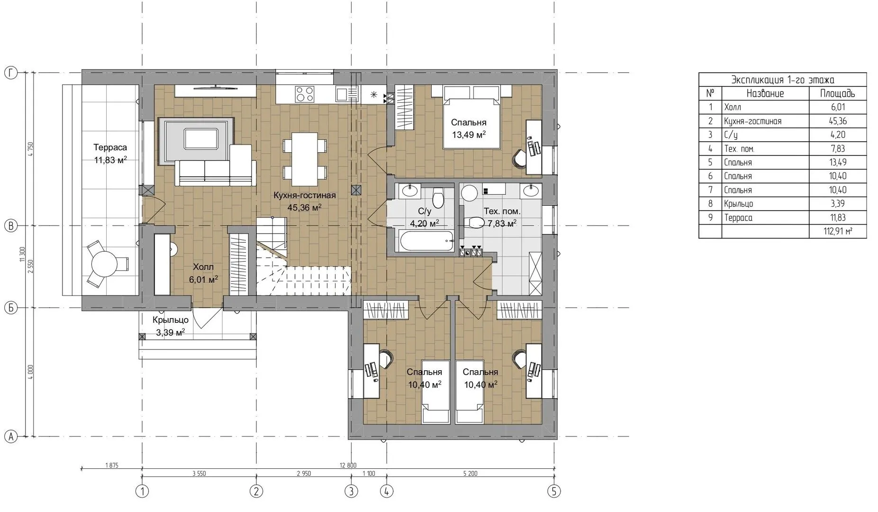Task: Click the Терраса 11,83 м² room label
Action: point(110,154)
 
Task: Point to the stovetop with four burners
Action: point(304,93)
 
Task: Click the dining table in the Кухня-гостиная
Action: point(305,159)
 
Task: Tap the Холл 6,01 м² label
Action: point(203,273)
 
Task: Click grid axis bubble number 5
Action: point(553,491)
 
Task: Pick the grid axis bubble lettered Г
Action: point(10,73)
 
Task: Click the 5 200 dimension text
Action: point(470,473)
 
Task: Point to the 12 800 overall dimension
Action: point(348,465)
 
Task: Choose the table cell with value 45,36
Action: point(837,121)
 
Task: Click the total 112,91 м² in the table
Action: point(839,231)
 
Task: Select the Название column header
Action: point(765,93)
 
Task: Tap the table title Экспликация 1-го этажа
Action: point(782,80)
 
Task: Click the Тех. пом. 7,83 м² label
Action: point(502,217)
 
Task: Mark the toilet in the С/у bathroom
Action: point(438,198)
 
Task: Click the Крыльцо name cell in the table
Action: point(738,204)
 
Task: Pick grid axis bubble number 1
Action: point(142,491)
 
